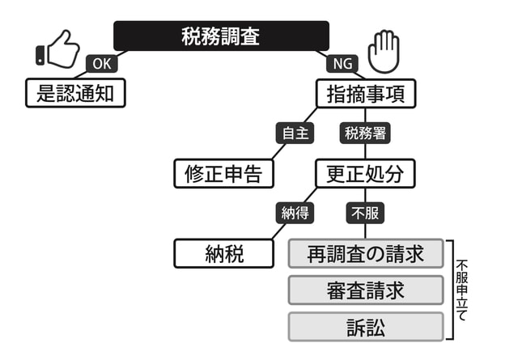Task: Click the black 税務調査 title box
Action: (221, 36)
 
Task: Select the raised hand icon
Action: (383, 51)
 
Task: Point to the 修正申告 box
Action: (223, 173)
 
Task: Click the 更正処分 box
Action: (365, 173)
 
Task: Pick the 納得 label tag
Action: (295, 214)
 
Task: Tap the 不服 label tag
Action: (365, 214)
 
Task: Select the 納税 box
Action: (223, 254)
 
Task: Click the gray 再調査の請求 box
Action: (366, 254)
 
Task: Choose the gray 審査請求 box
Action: (366, 290)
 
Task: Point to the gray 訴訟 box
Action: (366, 326)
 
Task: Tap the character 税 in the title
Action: (191, 36)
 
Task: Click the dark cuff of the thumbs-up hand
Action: (40, 56)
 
